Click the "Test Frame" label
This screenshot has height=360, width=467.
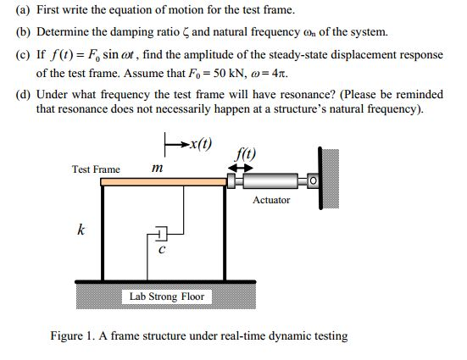point(96,169)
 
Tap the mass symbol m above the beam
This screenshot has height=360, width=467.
point(156,169)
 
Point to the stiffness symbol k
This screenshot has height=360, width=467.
point(81,230)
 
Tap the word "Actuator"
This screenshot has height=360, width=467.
point(271,200)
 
